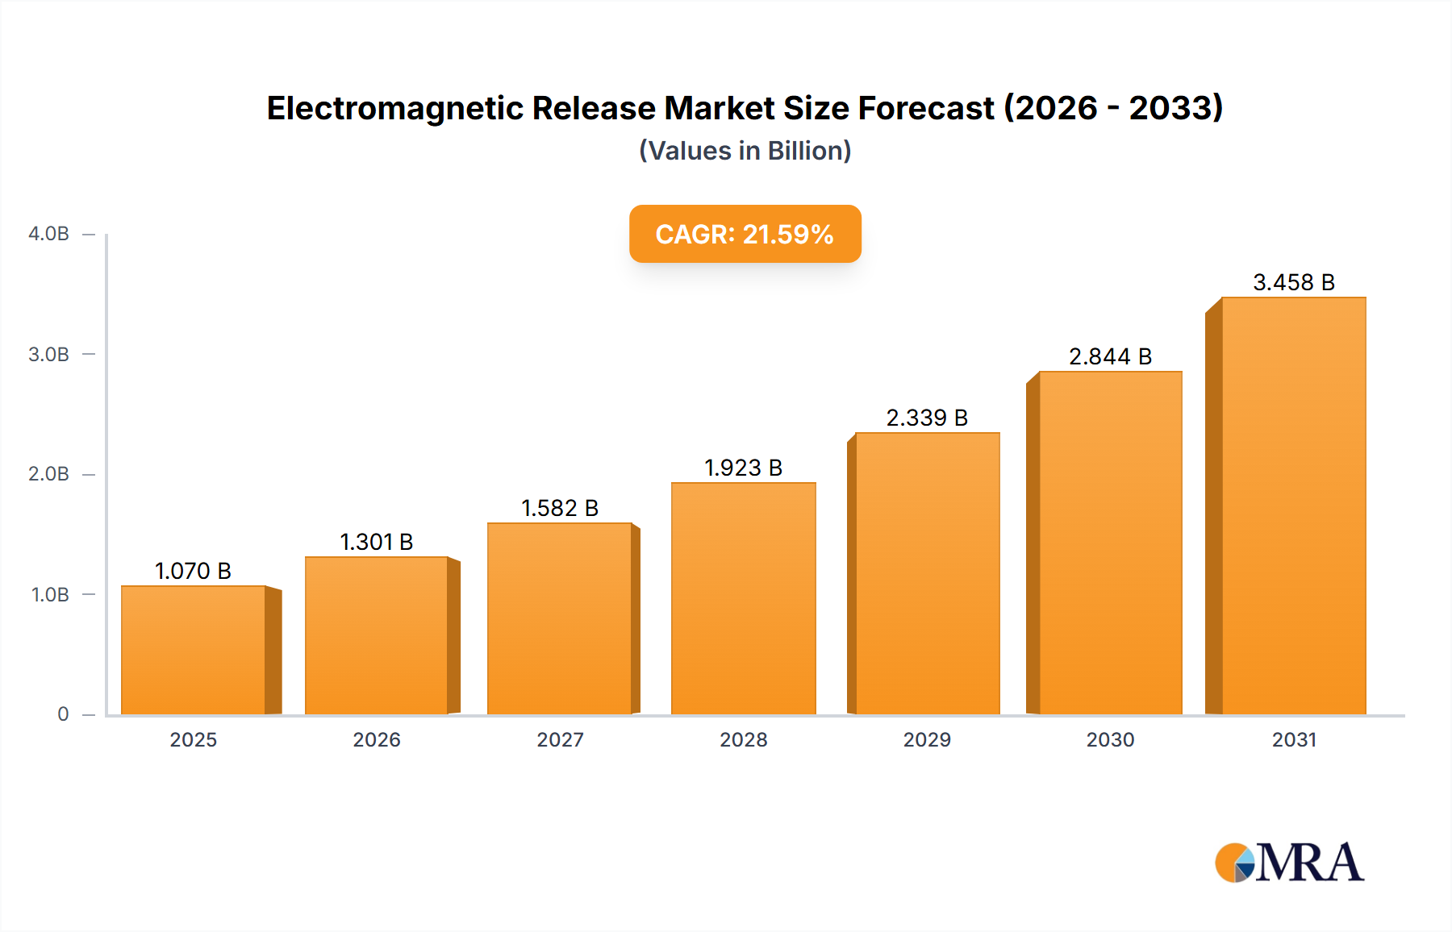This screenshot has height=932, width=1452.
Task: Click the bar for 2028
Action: tap(743, 598)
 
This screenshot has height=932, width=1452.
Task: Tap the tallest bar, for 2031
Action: tap(1293, 506)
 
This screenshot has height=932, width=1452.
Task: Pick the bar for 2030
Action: tap(1110, 543)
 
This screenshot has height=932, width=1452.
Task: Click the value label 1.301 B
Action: tap(377, 542)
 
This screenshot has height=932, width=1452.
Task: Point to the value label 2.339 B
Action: tap(927, 418)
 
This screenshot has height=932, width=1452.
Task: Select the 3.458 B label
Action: tap(1294, 282)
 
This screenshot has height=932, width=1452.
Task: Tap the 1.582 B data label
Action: tap(560, 508)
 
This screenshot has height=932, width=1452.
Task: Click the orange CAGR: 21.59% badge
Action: tap(745, 234)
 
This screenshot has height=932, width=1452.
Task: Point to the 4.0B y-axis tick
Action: tap(49, 234)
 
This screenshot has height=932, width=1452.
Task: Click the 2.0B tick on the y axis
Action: tap(49, 474)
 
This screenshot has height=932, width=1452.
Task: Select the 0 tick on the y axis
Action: tap(63, 714)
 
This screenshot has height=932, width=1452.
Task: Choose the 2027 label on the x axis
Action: tap(560, 739)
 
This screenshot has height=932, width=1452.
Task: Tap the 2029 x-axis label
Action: tap(927, 739)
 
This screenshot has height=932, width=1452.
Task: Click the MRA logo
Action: tap(1289, 863)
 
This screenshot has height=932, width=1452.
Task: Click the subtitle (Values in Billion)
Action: tap(745, 151)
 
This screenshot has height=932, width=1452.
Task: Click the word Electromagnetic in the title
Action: tap(394, 108)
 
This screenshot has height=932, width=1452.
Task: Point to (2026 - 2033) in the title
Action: tap(1113, 108)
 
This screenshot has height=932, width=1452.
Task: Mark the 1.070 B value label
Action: tap(194, 571)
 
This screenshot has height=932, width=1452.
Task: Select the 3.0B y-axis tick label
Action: tap(49, 354)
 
